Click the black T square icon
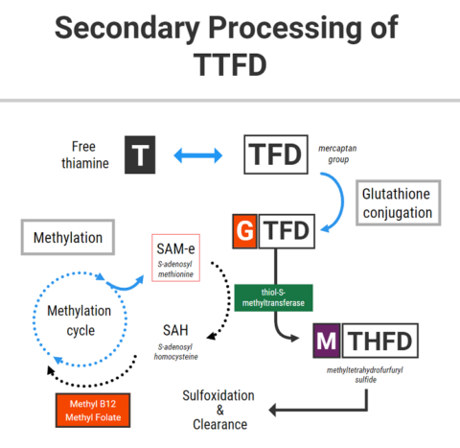(140, 154)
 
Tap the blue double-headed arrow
(195, 153)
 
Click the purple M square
(326, 340)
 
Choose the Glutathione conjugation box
(398, 201)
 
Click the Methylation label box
(67, 236)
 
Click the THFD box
(379, 340)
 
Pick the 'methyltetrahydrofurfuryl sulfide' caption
(366, 374)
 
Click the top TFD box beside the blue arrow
(276, 154)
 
